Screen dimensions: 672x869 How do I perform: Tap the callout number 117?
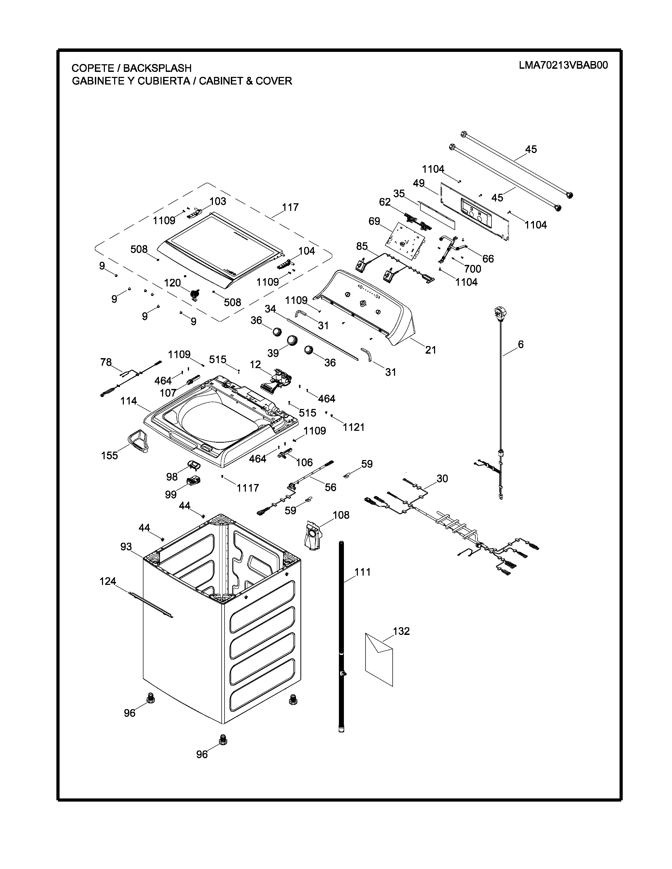pos(290,207)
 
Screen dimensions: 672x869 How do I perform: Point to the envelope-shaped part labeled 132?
pos(379,659)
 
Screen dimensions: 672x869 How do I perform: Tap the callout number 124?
pos(108,581)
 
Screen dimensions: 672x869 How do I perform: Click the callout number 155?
pos(109,456)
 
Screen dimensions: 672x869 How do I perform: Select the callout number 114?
pos(129,401)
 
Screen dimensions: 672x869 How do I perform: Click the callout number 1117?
pos(248,487)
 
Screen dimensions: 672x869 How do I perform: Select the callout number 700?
pos(473,269)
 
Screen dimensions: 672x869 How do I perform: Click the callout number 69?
pos(374,221)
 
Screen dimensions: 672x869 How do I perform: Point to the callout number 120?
pos(172,283)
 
